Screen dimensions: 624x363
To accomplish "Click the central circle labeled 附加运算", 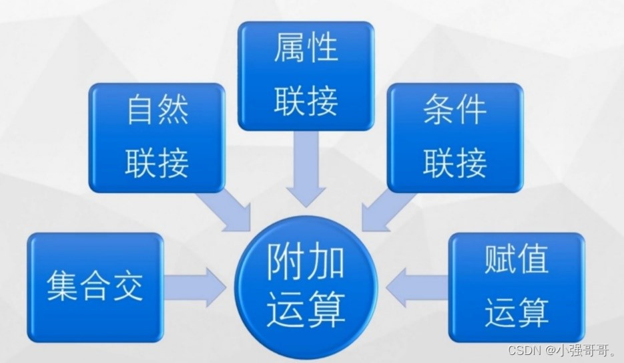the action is (x=306, y=287).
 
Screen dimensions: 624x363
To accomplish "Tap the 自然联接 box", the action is (x=158, y=138).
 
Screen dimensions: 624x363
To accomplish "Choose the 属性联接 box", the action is (x=306, y=76).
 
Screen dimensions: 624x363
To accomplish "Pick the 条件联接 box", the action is (x=455, y=138).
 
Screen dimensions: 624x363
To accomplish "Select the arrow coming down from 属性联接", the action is (x=306, y=167).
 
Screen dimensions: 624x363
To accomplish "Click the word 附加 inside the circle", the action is (x=306, y=263).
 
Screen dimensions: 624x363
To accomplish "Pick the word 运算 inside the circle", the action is (x=306, y=310).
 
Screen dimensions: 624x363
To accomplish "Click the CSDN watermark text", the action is (x=523, y=350).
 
